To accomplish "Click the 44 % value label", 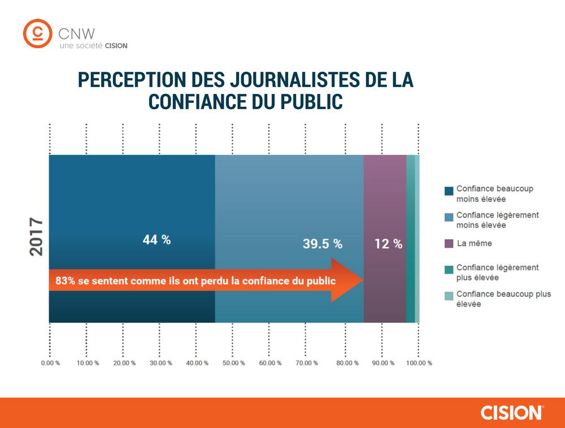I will (157, 239).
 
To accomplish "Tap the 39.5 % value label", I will (321, 244).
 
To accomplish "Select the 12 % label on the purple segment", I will (388, 244).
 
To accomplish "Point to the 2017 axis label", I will (37, 237).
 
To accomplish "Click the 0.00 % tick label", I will (50, 363).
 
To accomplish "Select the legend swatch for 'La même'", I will (449, 244).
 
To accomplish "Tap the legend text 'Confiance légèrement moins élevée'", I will (497, 220).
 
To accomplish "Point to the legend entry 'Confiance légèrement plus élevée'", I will (497, 272).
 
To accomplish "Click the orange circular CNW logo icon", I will (38, 34).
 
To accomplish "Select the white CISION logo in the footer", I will (512, 412).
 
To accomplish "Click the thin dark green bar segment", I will (410, 238).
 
